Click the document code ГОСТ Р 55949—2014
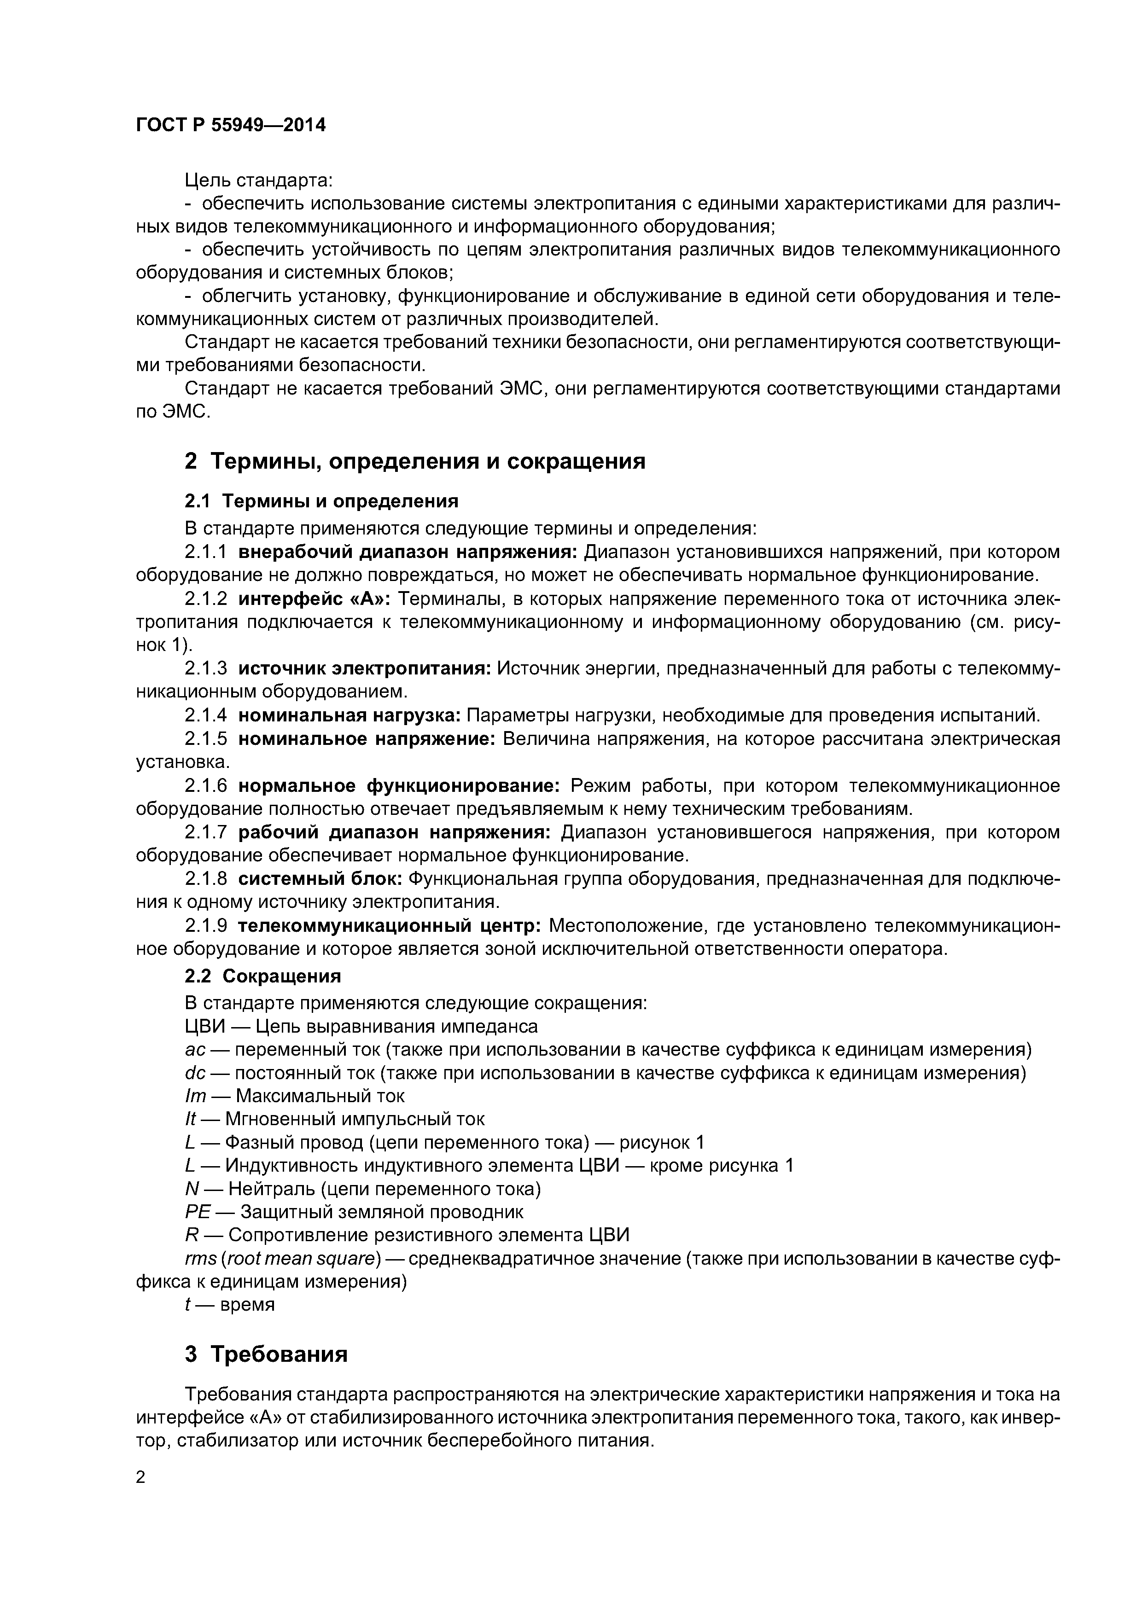pos(231,125)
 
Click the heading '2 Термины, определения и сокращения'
pos(414,461)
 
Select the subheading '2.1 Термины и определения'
pos(321,501)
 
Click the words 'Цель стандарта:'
pos(258,181)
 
